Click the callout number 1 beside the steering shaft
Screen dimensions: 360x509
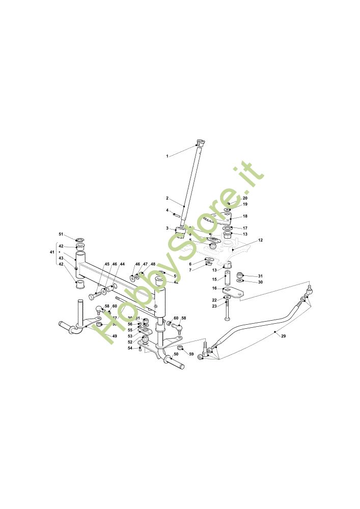pos(167,156)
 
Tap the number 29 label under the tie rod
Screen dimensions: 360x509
pos(283,336)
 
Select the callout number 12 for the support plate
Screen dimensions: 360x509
pos(260,240)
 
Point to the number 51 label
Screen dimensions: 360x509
pos(61,234)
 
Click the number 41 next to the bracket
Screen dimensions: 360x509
pos(52,252)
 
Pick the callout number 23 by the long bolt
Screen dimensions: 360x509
pos(214,306)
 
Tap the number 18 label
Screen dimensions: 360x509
pos(245,216)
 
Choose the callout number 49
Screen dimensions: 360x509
pos(115,336)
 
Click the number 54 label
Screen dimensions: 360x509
pos(130,348)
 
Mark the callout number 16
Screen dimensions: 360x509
pos(214,288)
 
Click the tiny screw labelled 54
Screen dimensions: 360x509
pos(140,349)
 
